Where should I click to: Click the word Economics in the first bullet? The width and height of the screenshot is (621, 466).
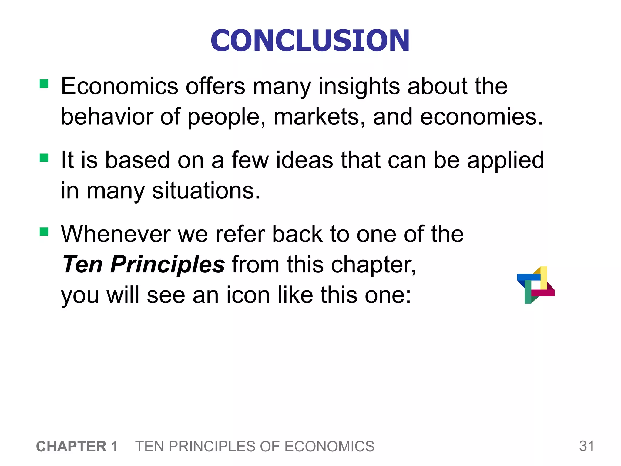click(x=119, y=86)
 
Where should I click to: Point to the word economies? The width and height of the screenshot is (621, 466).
click(x=481, y=117)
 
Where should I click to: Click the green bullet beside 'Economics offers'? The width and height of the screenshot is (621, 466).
click(x=44, y=84)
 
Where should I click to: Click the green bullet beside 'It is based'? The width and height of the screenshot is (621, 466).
click(x=44, y=158)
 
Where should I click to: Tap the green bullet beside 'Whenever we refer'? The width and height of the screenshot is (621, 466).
click(x=44, y=232)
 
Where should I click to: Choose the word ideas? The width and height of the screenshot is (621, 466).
click(x=304, y=160)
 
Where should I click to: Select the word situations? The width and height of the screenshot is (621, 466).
click(x=206, y=191)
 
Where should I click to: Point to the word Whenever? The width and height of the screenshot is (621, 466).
click(x=115, y=234)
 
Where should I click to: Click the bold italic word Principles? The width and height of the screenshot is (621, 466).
click(x=167, y=265)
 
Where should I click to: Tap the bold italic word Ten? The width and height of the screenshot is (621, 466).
click(x=82, y=265)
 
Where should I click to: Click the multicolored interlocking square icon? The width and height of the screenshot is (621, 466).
click(x=535, y=285)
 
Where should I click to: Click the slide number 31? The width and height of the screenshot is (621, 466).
click(x=586, y=446)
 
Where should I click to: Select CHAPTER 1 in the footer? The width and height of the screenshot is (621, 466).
click(x=77, y=447)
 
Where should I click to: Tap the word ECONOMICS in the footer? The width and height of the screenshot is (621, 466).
click(x=329, y=447)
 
